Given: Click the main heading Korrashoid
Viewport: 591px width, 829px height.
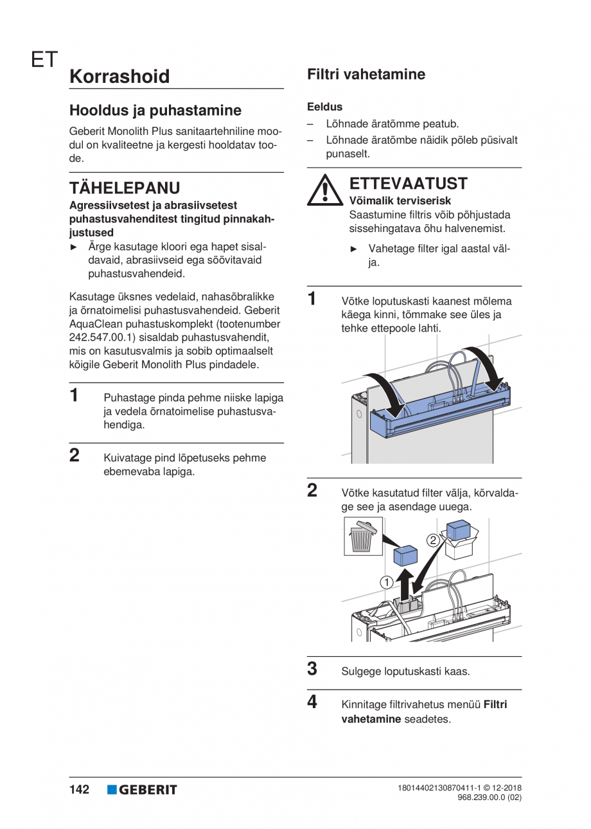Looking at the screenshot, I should point(119,76).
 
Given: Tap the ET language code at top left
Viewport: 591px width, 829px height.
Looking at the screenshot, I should point(44,60).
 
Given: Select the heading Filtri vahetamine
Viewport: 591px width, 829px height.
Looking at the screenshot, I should point(366,74).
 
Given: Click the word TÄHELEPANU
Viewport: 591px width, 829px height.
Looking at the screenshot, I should point(125,188).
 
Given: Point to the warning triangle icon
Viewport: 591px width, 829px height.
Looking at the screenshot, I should point(324,190).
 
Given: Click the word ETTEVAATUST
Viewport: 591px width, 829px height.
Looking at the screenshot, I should point(409,183).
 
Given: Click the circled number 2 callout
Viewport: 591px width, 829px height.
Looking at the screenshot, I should point(433,540).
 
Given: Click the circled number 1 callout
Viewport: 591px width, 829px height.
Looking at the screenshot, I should point(387,582).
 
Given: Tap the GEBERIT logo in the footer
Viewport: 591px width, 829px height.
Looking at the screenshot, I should point(142,790).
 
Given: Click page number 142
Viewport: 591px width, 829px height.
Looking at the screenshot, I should point(79,789).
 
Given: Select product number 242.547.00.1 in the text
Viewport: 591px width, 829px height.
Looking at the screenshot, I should point(100,337).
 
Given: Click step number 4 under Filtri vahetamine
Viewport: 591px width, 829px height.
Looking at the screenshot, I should point(312,702).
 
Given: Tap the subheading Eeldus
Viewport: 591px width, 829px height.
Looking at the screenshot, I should point(324,107).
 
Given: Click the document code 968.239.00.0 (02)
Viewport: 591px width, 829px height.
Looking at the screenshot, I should point(489,798).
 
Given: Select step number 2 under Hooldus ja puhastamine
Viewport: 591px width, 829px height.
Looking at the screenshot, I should point(75,456).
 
